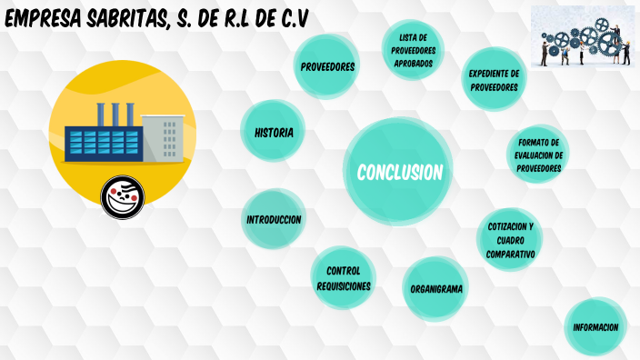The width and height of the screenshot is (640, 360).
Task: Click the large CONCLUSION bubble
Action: (399, 172)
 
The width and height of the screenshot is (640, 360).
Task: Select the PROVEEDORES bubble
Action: (328, 67)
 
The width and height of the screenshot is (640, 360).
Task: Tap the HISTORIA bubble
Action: (274, 133)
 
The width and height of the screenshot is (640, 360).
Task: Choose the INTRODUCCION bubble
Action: (274, 220)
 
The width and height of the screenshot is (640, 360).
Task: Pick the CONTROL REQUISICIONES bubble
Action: (344, 278)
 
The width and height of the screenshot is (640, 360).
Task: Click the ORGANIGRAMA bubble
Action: (436, 289)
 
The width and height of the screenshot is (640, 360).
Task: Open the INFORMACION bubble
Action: (595, 327)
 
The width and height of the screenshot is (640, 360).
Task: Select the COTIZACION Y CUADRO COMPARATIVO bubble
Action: (510, 240)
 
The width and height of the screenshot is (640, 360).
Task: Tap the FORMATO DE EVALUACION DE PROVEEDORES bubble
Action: (539, 155)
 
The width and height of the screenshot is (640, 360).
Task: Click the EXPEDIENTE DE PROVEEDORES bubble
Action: (494, 80)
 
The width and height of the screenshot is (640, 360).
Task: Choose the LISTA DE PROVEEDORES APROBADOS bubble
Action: (414, 50)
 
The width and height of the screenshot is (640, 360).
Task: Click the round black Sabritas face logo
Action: (123, 196)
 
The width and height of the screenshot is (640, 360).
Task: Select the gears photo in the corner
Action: (583, 35)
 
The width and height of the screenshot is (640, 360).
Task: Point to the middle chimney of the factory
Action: (115, 114)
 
